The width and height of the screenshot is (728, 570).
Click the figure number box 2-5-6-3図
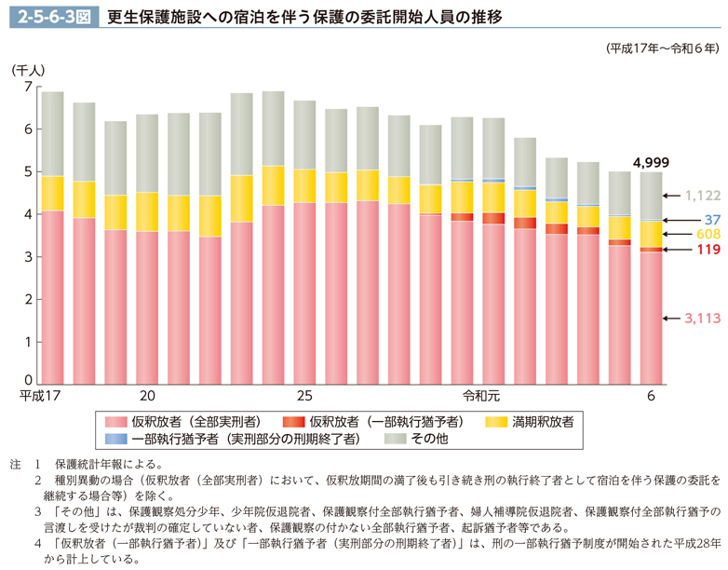point(47,16)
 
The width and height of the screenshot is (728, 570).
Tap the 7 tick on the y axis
point(27,87)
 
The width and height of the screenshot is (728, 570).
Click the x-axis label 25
point(305,396)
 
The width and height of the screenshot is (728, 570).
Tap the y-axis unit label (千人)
point(28,69)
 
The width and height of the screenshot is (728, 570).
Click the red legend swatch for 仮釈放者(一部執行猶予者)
point(295,421)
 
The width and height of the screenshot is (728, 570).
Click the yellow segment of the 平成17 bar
point(52,193)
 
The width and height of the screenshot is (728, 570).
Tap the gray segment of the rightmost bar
point(651,196)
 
